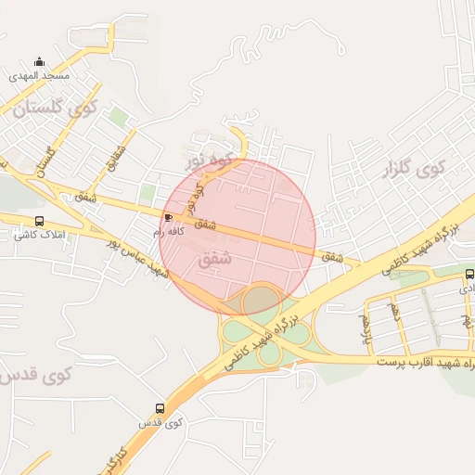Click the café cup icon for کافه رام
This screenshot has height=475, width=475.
click(168, 218)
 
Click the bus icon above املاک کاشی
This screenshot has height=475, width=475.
click(39, 221)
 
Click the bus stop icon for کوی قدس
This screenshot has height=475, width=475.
click(160, 408)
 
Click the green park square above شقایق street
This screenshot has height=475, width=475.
click(118, 118)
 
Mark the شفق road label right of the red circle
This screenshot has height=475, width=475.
click(332, 255)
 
